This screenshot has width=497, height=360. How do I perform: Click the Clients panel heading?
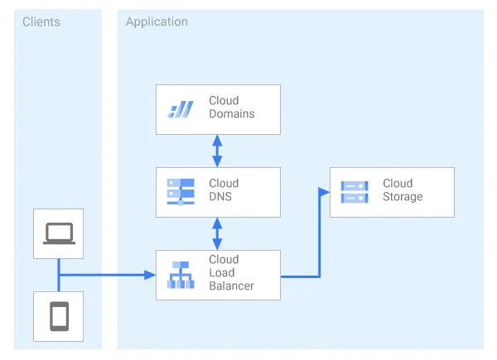[x=41, y=22]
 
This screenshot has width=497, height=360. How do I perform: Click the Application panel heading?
[x=157, y=22]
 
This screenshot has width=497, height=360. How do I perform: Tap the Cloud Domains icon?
[x=181, y=109]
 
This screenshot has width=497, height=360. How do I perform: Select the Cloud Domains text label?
[x=232, y=107]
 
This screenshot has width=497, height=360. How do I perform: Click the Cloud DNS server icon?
[x=181, y=192]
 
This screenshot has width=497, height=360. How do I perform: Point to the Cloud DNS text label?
[x=224, y=190]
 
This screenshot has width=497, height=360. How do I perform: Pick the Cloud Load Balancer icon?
[x=181, y=275]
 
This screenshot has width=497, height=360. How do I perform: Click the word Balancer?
[x=231, y=286]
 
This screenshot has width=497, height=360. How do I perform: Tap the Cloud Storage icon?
[x=355, y=192]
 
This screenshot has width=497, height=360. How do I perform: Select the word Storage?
[x=403, y=197]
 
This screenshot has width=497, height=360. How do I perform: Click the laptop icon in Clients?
[x=60, y=233]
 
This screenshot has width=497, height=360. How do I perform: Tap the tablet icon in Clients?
[x=60, y=316]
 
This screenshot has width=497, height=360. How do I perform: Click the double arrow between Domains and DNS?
[x=217, y=151]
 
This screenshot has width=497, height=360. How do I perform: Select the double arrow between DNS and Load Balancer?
[x=217, y=233]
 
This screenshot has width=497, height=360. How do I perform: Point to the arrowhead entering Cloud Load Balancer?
[x=150, y=275]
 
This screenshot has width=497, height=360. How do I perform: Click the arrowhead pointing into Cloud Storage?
[x=324, y=192]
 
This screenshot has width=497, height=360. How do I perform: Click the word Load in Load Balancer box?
[x=221, y=272]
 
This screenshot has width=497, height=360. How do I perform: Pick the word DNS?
[x=220, y=197]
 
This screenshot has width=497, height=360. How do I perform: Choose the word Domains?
[x=232, y=113]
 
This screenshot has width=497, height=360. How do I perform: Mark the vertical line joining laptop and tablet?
[x=59, y=275]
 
